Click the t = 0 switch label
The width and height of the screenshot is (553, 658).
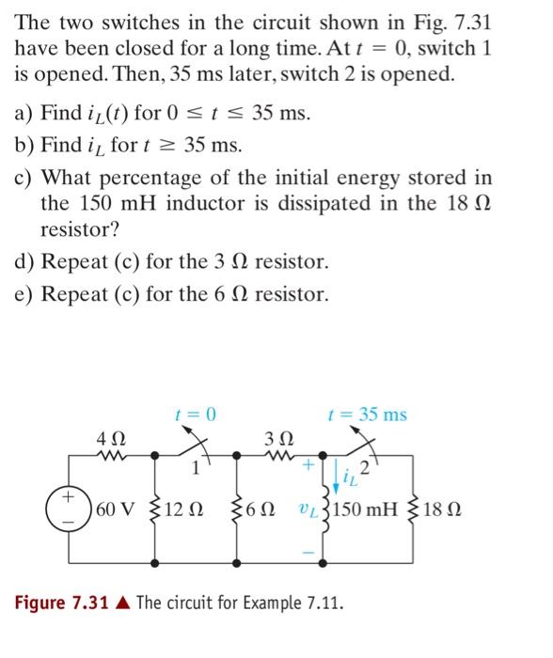[x=195, y=414]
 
